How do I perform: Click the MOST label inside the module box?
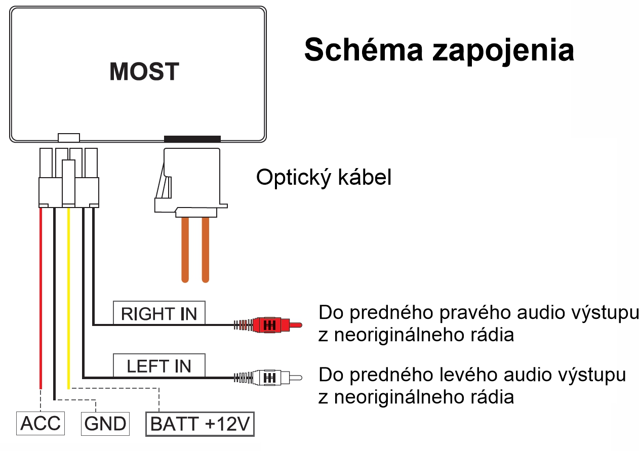[144, 72]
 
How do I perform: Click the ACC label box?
[41, 423]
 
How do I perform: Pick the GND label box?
[105, 423]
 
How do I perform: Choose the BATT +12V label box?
[200, 424]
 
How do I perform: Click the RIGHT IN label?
[159, 314]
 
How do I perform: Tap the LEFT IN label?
[159, 365]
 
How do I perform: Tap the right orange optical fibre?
[205, 248]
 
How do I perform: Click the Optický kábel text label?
[324, 178]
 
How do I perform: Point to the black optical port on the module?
[192, 139]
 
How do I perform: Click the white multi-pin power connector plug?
[69, 177]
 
